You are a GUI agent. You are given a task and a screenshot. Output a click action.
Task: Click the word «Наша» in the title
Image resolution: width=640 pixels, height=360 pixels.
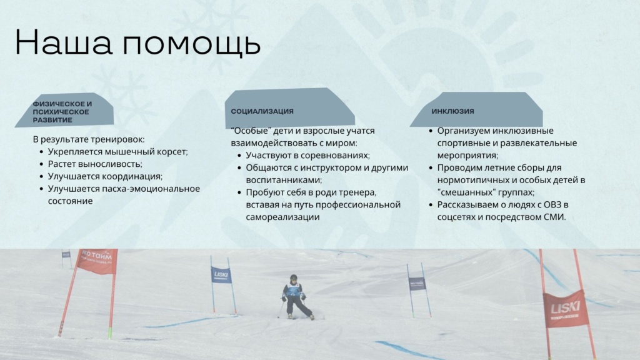coord(64,42)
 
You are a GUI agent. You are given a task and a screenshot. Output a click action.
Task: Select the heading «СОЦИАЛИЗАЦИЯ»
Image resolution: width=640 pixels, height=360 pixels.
coord(262,111)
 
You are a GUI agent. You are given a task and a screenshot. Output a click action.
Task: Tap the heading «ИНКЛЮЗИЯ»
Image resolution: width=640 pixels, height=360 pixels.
coord(452,111)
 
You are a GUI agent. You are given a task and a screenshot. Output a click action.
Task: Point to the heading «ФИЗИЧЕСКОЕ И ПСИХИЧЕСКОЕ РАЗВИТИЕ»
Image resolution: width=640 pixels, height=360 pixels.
coord(62,112)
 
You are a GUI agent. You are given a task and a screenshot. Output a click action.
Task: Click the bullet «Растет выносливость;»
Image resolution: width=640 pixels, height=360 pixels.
coord(95,164)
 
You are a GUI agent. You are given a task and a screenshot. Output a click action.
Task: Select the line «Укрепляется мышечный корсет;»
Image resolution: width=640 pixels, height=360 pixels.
coord(118,152)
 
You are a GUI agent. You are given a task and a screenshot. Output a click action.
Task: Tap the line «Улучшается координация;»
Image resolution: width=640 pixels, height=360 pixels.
coord(105,176)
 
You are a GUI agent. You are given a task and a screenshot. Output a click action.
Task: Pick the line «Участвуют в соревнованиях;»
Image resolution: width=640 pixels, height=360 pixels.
coord(307,156)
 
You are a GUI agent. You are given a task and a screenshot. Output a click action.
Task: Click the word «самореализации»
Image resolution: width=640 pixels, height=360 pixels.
coord(282,217)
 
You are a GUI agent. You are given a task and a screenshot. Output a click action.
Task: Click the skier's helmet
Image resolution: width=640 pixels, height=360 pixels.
coord(294,278)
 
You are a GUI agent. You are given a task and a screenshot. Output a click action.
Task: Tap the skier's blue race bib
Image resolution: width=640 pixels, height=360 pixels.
coord(292,290)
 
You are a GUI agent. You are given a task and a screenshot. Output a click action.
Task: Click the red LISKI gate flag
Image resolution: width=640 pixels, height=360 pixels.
coord(565,309)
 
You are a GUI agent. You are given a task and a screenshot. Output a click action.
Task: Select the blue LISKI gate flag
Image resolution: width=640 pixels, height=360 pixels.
coord(221,275)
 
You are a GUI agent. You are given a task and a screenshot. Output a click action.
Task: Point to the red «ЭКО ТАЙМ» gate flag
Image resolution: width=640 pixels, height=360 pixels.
coord(97,261)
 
